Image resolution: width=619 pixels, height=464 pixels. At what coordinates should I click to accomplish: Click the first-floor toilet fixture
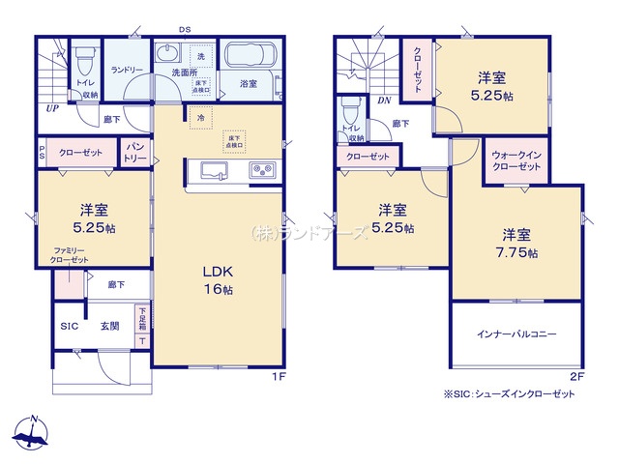tap(84, 62)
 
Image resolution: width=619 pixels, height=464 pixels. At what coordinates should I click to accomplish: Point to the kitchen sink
tap(215, 171)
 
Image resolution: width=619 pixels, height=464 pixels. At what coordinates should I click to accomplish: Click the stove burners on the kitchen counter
tap(262, 171)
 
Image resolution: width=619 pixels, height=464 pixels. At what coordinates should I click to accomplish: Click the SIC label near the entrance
tap(69, 327)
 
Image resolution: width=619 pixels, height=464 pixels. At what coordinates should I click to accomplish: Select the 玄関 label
tap(108, 327)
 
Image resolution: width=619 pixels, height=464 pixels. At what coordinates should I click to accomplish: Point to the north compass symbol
tap(35, 435)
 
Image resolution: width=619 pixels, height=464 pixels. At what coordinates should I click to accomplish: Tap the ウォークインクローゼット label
tap(516, 160)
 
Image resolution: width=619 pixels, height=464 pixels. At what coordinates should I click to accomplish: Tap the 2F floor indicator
tap(576, 378)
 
